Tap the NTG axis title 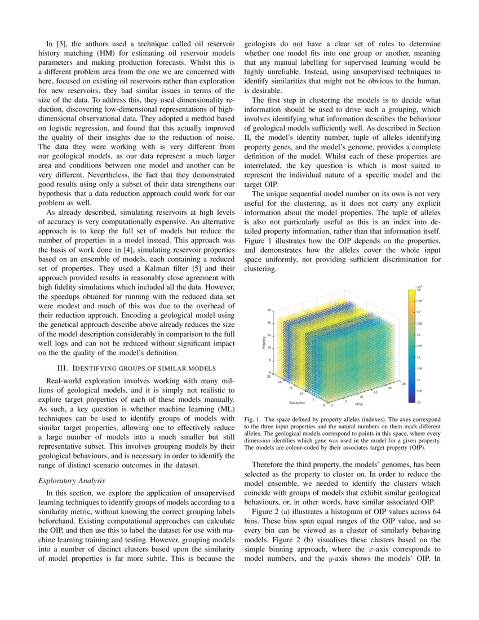(x=358, y=404)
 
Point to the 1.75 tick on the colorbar (x=419, y=301)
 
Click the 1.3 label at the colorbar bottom (x=418, y=402)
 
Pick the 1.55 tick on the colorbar (x=419, y=346)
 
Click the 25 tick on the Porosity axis (x=269, y=310)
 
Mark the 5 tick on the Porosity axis (x=271, y=360)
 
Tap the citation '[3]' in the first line (x=59, y=43)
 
